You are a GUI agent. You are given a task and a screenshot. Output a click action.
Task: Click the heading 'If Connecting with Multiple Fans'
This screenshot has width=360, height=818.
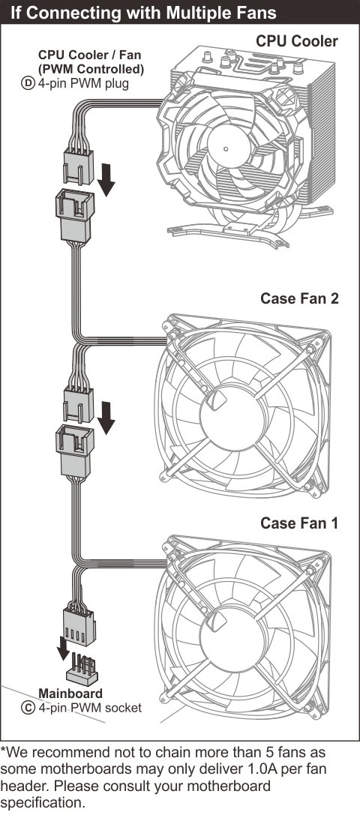143,13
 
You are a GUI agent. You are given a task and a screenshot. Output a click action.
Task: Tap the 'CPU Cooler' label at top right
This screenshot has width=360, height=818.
296,42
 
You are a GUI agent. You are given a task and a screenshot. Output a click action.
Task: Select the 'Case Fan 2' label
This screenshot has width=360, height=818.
299,299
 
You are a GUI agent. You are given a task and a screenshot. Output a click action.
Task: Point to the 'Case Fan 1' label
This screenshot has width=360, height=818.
299,523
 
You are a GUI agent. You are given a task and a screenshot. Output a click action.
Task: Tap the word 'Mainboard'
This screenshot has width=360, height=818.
70,694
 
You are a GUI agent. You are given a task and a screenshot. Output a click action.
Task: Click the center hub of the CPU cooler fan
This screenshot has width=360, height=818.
226,148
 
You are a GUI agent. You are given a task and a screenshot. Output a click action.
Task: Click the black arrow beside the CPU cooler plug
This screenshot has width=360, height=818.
107,179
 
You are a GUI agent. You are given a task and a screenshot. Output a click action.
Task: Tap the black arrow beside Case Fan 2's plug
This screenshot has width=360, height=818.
107,418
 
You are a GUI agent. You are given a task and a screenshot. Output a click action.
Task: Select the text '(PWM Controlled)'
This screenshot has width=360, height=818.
91,68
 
